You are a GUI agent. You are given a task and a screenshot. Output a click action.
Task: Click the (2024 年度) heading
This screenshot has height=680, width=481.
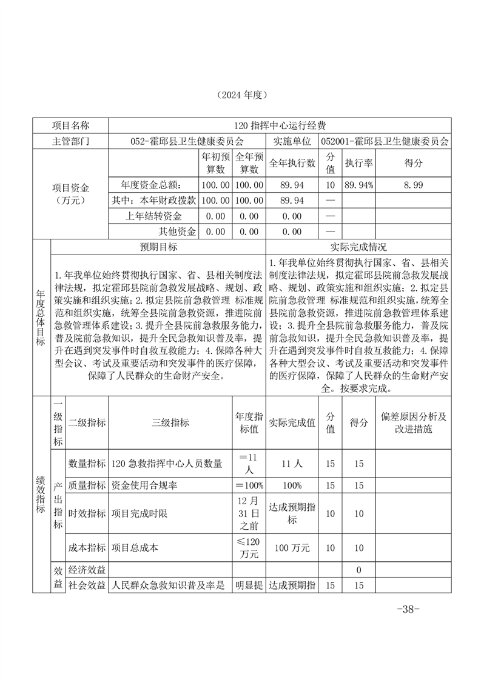coord(241,95)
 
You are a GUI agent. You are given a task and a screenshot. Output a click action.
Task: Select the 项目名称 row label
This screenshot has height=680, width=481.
coord(70,125)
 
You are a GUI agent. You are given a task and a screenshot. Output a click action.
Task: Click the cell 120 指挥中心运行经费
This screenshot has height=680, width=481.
coord(279,125)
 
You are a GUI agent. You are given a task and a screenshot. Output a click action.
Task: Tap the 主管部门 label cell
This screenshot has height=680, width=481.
coord(70,141)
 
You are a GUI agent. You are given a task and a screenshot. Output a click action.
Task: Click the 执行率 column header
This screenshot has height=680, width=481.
coord(358,163)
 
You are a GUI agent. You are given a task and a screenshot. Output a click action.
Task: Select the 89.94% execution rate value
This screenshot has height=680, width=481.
coord(358,185)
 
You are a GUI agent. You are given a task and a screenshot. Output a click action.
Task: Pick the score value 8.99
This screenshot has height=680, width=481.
coord(413,185)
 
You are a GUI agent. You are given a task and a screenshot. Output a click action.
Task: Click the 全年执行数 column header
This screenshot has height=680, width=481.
coord(292,163)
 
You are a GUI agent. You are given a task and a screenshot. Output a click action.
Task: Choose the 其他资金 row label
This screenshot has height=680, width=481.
coord(177,231)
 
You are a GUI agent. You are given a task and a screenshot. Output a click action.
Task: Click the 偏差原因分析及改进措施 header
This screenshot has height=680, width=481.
coord(413,423)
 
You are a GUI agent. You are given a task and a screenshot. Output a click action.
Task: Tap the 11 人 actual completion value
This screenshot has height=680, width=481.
coord(292,464)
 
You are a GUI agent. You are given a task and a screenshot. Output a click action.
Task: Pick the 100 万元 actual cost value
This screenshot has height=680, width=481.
coord(292,547)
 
